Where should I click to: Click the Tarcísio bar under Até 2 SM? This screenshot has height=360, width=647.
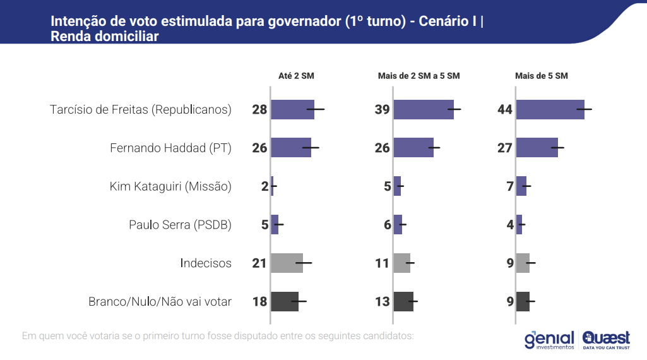(x=292, y=110)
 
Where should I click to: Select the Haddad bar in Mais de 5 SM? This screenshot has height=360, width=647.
(x=537, y=148)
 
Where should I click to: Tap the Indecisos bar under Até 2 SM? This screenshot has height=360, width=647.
(x=287, y=263)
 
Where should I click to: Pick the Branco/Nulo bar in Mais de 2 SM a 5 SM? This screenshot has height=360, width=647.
(x=403, y=301)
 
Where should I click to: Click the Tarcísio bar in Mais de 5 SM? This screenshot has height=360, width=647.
(x=550, y=110)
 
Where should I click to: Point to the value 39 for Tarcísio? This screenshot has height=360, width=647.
(x=383, y=110)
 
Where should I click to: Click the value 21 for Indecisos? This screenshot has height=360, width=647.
(x=260, y=263)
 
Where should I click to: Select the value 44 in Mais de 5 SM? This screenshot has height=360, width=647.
(x=505, y=110)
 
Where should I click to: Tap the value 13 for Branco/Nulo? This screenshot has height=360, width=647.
(x=383, y=301)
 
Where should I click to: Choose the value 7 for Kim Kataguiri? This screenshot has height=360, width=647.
(x=510, y=186)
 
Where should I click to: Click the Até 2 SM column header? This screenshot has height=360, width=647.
(x=296, y=76)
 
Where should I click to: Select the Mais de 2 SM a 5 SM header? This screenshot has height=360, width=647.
(x=418, y=76)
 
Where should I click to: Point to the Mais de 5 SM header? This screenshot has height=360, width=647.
(x=542, y=76)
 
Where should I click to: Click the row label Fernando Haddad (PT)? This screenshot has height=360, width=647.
(x=170, y=148)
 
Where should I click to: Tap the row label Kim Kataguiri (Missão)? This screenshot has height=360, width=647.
(x=170, y=186)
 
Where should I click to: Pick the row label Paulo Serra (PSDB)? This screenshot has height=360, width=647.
(x=180, y=224)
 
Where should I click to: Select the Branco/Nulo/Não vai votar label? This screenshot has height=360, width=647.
(x=160, y=301)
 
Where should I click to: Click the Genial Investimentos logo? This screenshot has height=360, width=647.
(x=549, y=340)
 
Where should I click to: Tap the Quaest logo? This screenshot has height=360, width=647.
(x=606, y=340)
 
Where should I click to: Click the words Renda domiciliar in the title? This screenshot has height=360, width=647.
(x=104, y=37)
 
